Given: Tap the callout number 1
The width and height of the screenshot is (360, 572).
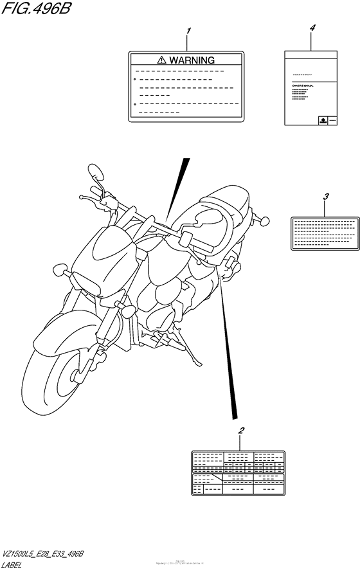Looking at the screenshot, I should tap(189, 31).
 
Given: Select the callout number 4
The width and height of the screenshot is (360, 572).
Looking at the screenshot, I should tap(312, 28).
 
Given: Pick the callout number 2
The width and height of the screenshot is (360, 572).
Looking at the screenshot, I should tap(240, 431).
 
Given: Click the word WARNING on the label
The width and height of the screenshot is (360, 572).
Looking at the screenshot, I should tap(192, 60).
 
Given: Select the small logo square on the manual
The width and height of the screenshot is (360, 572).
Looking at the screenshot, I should tap(323, 120).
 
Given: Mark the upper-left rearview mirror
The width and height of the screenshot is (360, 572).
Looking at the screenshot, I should tap(96, 172).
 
